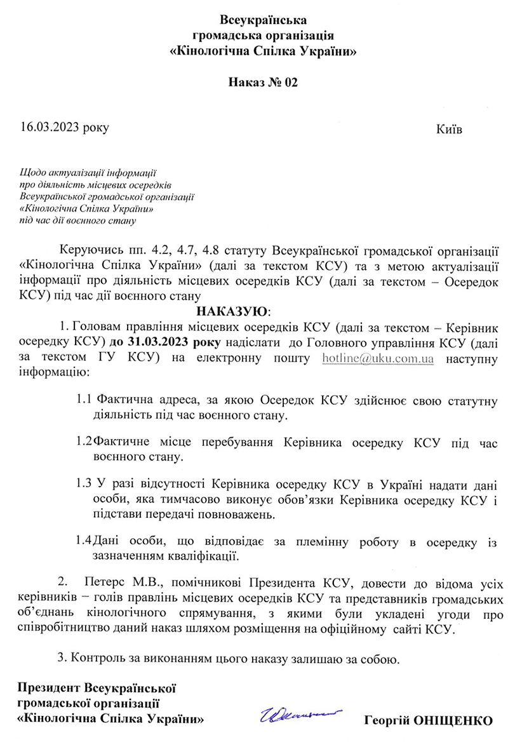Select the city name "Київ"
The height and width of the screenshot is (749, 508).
click(x=449, y=130)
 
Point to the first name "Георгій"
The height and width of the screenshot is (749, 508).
click(x=385, y=721)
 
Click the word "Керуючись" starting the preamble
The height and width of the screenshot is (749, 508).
click(x=84, y=247)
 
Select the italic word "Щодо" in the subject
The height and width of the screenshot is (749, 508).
click(x=31, y=172)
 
